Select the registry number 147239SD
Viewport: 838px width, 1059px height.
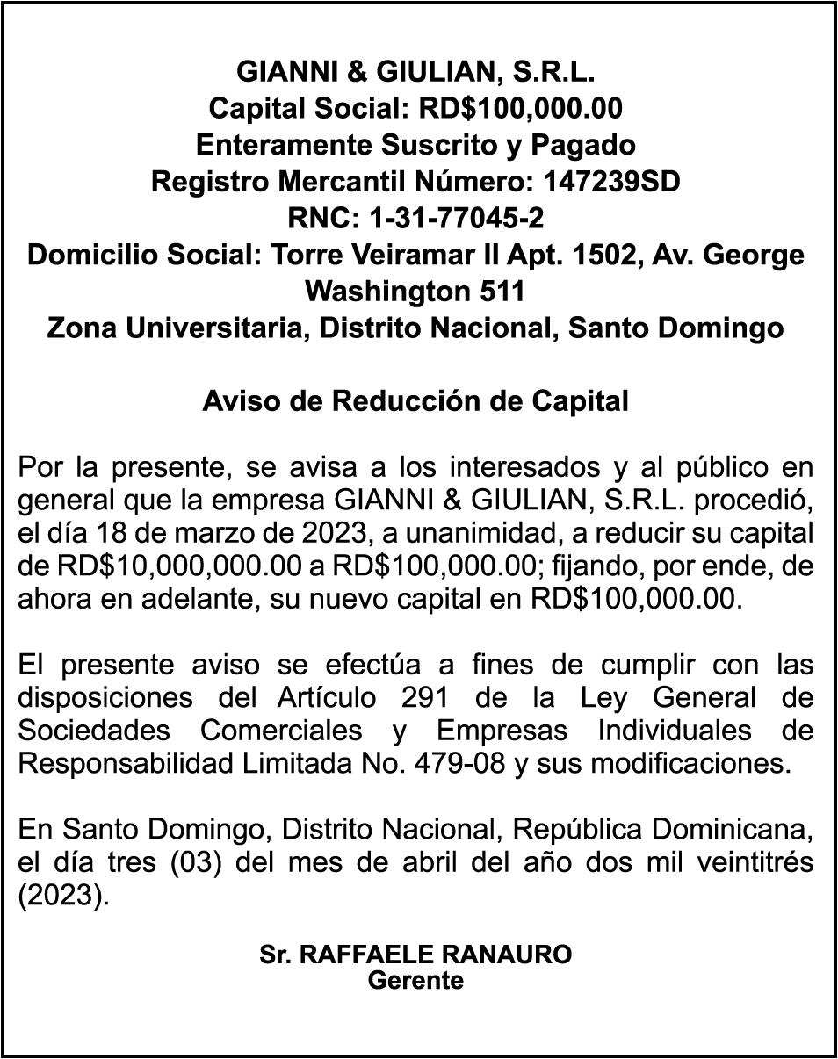[x=612, y=182]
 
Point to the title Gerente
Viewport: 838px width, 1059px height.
[x=415, y=981]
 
